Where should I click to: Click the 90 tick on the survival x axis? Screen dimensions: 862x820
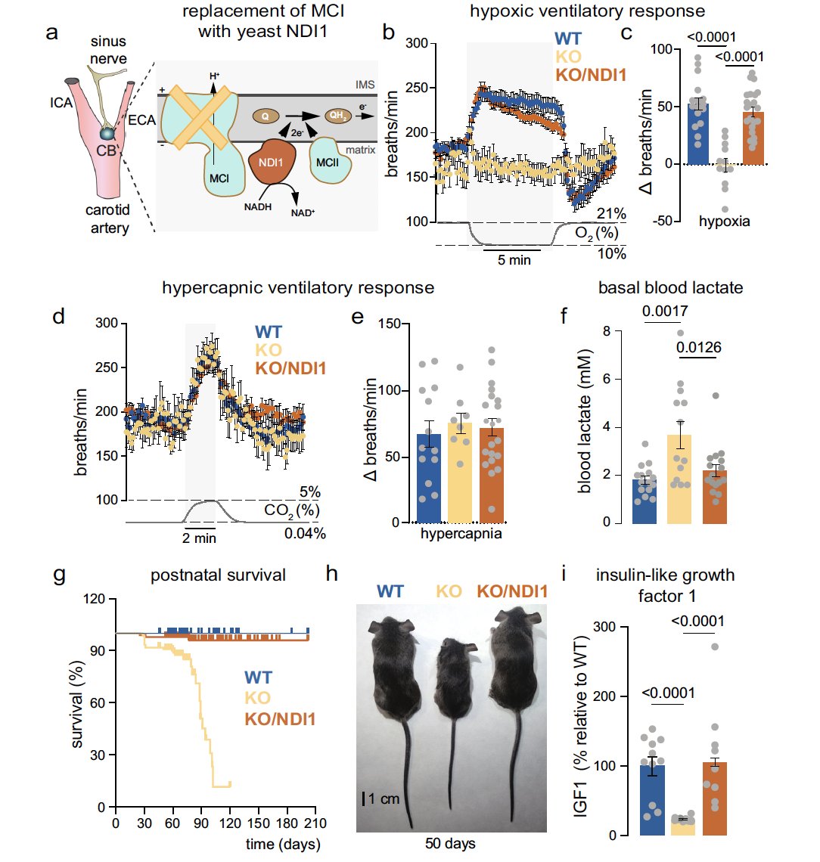(201, 823)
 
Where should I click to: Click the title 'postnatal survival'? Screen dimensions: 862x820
(218, 575)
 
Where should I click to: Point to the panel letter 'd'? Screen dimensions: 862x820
(57, 315)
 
